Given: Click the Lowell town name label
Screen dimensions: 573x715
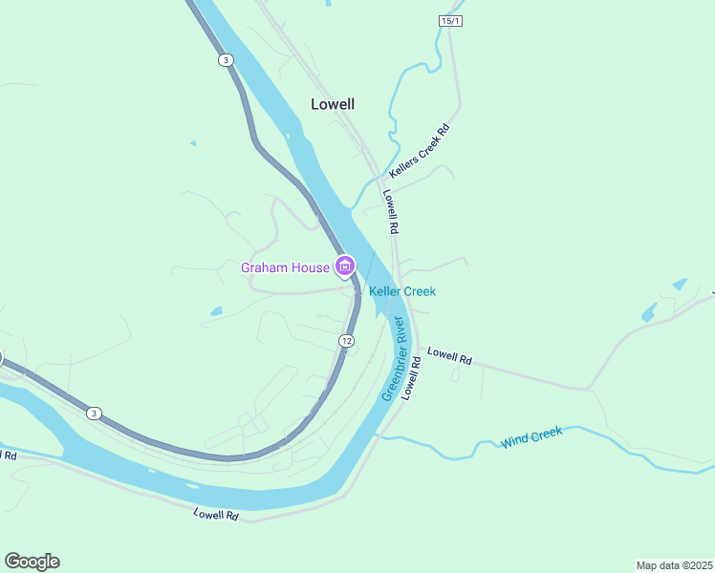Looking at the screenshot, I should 333,104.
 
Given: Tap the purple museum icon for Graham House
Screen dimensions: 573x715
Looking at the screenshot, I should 345,266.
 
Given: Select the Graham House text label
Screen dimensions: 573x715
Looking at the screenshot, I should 285,267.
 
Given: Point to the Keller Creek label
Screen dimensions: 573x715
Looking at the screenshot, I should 402,291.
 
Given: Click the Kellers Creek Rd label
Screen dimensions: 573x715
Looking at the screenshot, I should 419,153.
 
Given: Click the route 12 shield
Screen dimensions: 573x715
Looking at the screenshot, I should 346,341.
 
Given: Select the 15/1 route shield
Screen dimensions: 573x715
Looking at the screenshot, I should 450,21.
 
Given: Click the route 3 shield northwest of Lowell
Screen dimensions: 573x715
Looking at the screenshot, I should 225,60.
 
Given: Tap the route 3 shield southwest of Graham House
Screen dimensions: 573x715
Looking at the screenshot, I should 93,413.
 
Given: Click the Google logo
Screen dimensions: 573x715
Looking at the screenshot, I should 32,561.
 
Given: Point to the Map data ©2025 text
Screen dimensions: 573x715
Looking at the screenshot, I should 674,564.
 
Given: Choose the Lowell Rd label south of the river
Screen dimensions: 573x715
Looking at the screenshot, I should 215,514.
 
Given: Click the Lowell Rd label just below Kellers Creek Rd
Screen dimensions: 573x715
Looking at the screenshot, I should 391,211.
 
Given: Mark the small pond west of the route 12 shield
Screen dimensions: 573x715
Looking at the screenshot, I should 216,310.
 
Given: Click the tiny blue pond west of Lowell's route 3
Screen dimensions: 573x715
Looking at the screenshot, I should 192,143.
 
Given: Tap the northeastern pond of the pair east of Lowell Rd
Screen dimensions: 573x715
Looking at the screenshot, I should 680,285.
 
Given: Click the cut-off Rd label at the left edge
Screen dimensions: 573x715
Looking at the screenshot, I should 9,456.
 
